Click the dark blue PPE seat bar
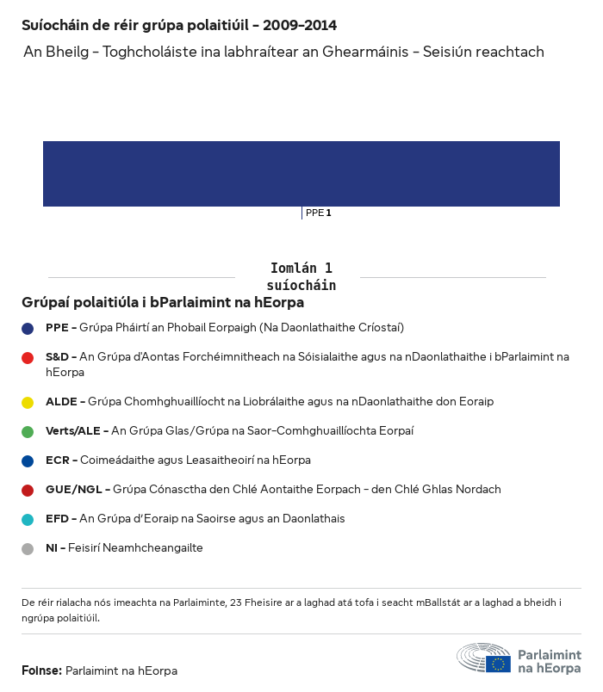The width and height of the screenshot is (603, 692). pos(301,174)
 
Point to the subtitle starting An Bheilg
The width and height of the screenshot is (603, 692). pos(283,53)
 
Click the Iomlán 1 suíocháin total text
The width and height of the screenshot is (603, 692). pos(301,276)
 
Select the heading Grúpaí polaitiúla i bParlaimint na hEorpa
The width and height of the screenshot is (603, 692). pos(163,303)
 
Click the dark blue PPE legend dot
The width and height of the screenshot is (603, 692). pos(28,328)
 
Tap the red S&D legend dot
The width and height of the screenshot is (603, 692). pos(28,357)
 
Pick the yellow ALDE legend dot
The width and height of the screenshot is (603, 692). pos(28,402)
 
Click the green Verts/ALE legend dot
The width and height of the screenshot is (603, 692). pos(28,431)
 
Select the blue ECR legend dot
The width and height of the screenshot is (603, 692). pos(28,460)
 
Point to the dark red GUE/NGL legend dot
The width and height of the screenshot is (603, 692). pos(28,490)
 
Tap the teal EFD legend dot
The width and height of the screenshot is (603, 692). pos(28,519)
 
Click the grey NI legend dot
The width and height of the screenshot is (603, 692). pos(28,548)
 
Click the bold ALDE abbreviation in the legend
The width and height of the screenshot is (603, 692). pos(61,402)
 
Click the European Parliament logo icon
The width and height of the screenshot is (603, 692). pos(484,658)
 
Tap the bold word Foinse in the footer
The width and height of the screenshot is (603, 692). pos(41,670)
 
